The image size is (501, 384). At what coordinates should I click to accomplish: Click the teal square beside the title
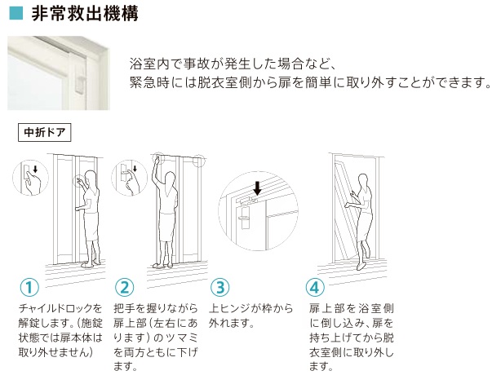point(16,13)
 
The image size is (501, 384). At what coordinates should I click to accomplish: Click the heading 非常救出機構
point(85,13)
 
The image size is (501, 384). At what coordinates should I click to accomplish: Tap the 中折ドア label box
point(44,132)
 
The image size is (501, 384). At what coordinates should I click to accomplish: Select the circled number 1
point(29,287)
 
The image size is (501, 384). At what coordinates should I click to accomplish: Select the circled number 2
point(124,287)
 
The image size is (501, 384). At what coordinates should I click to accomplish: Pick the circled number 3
point(220,287)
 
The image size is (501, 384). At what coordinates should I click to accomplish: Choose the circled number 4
point(315,287)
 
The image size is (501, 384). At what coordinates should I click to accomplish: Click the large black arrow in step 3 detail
point(257,188)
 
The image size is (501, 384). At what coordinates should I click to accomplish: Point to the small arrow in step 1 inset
point(35,169)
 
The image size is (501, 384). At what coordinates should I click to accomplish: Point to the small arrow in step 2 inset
point(135,169)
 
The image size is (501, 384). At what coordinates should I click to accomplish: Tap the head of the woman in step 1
point(91,179)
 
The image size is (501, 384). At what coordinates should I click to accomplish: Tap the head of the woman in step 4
point(363,181)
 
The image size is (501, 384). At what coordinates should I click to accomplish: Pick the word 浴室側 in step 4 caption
point(375,309)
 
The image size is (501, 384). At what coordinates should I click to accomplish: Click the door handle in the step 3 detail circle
point(245,218)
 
